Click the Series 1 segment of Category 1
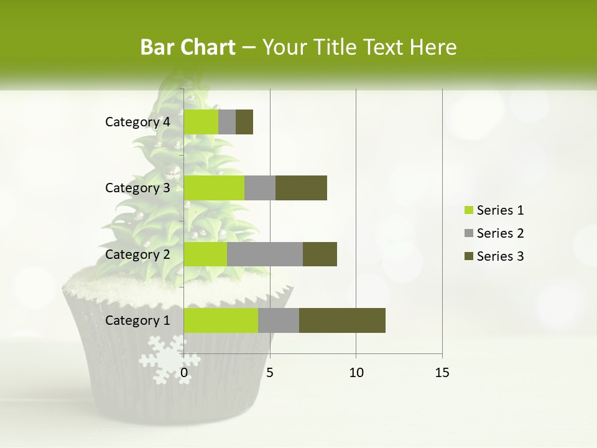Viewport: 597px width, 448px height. [221, 320]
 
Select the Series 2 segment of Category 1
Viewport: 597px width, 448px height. [279, 320]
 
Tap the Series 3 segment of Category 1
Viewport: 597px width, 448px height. [342, 320]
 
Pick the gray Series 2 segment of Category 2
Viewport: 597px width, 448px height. [265, 254]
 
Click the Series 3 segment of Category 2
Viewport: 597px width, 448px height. [320, 254]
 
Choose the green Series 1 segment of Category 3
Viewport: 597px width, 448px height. [214, 187]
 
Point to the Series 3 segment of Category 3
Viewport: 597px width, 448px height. [301, 187]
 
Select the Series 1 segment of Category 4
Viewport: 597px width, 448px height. [201, 121]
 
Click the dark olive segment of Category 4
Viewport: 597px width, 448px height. [244, 121]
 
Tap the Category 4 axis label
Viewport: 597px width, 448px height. [137, 122]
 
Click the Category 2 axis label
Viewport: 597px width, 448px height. [137, 254]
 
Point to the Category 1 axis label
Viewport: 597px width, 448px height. [137, 320]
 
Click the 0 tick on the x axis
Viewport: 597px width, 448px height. [184, 373]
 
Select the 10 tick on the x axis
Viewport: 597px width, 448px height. [356, 373]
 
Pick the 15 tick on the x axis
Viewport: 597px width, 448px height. [442, 373]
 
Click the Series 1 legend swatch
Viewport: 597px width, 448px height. [468, 210]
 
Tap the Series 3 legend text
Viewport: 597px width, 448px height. [500, 256]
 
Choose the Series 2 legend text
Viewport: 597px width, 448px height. [500, 233]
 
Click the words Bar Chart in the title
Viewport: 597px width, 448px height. [188, 47]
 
